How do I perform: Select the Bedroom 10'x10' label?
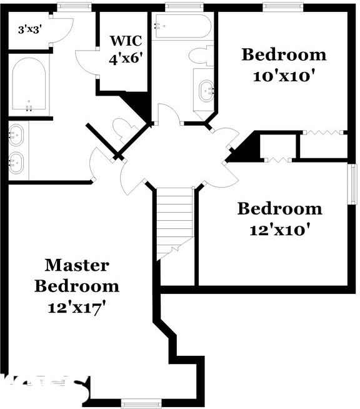284,64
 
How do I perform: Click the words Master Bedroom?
76,276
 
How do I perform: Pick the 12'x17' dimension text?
76,308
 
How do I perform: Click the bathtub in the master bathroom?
29,85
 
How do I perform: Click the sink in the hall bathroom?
206,91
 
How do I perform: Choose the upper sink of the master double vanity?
17,133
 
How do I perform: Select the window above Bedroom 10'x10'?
282,7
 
